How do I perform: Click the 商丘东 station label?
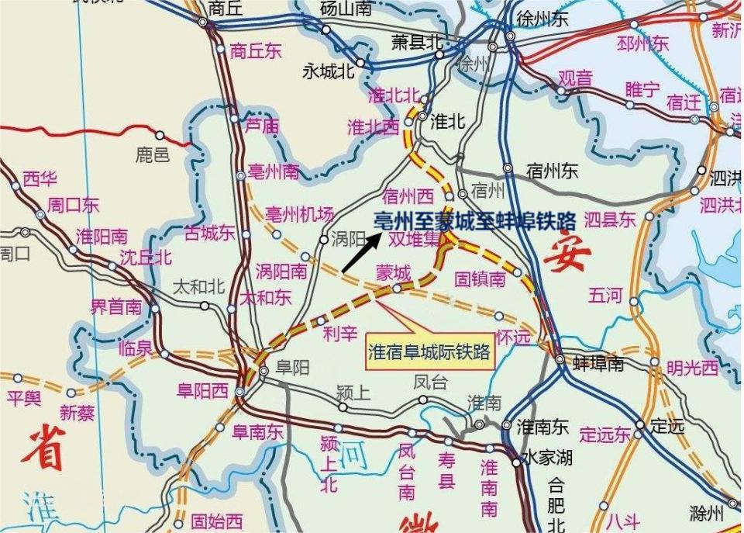pyautogui.click(x=256, y=51)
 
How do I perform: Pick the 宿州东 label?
pyautogui.click(x=549, y=171)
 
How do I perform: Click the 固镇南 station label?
pyautogui.click(x=480, y=279)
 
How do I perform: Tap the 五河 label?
pyautogui.click(x=606, y=295)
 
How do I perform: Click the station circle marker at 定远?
pyautogui.click(x=640, y=425)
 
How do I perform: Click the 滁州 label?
pyautogui.click(x=706, y=513)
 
